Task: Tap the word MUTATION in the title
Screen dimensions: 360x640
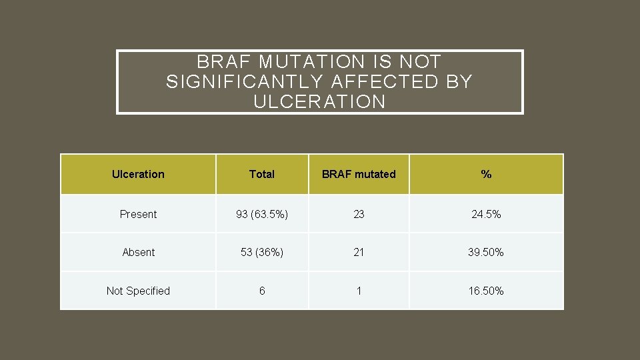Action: (x=312, y=62)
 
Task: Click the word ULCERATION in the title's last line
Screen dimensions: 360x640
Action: (x=319, y=102)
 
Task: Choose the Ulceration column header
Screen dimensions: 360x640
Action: (x=138, y=174)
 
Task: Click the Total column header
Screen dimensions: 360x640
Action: (x=261, y=174)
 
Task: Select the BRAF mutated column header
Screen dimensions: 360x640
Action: (x=359, y=174)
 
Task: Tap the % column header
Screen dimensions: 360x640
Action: (x=486, y=174)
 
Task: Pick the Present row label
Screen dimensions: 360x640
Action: (x=138, y=214)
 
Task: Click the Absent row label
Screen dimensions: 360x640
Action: (x=138, y=252)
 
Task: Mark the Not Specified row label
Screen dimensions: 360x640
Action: (x=138, y=291)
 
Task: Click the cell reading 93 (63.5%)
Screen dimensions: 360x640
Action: (x=261, y=214)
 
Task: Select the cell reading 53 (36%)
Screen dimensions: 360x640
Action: (x=261, y=252)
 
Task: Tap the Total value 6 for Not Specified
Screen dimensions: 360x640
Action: (x=261, y=291)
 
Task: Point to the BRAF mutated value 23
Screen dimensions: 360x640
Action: (x=359, y=214)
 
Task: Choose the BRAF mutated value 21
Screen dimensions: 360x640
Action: (x=359, y=252)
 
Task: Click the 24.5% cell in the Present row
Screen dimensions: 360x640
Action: (x=486, y=214)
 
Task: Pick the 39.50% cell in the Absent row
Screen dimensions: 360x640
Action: (x=486, y=252)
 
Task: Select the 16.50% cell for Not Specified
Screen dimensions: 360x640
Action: (x=486, y=291)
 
